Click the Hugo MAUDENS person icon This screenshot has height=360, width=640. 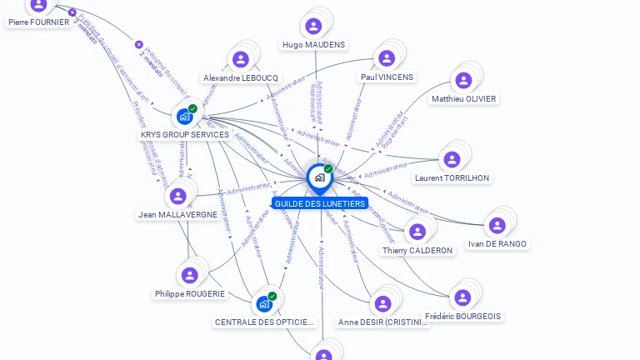click(x=313, y=26)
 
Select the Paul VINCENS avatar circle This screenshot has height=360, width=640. click(x=387, y=58)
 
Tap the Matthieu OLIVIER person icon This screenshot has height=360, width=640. click(x=463, y=81)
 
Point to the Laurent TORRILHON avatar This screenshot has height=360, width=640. click(x=452, y=159)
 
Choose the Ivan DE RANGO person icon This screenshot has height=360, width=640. click(x=497, y=226)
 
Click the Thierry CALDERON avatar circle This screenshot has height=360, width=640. click(x=417, y=232)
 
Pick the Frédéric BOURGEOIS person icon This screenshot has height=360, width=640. click(x=462, y=297)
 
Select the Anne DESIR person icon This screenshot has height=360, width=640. click(x=382, y=303)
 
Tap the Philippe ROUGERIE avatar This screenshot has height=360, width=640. click(x=190, y=275)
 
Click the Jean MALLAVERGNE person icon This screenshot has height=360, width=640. click(x=177, y=197)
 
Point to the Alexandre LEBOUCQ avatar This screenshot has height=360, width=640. click(x=241, y=59)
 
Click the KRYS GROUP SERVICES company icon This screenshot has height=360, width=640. click(x=185, y=116)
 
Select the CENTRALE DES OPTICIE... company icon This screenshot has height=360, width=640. click(x=265, y=303)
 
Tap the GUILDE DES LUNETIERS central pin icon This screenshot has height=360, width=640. click(x=319, y=177)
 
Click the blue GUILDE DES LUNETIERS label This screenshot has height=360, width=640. click(x=319, y=203)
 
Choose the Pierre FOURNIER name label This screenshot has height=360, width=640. click(x=39, y=22)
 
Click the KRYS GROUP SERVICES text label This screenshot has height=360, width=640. click(x=184, y=135)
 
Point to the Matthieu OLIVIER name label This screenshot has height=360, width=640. click(x=464, y=99)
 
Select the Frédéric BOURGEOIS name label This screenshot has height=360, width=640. click(x=462, y=317)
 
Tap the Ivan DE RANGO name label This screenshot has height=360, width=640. click(x=497, y=244)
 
